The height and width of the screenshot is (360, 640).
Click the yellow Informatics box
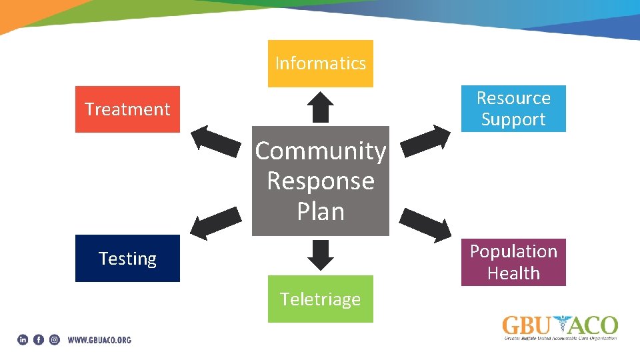point(320,63)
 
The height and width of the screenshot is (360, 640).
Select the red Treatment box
point(127,109)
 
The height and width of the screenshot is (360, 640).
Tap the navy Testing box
point(127,258)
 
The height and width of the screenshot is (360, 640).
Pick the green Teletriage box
point(320,299)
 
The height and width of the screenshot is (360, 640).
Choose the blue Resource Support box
point(513,109)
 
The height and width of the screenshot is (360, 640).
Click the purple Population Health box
point(513,262)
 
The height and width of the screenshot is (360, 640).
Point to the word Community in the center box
point(320,151)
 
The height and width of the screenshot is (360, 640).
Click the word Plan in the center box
point(320,211)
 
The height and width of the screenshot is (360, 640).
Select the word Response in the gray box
point(320,181)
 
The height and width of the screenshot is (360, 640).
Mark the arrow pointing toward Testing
point(215,222)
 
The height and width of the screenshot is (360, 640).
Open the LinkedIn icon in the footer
point(23,340)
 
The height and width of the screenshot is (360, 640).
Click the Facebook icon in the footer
point(39,340)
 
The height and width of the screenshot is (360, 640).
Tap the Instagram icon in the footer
point(55,340)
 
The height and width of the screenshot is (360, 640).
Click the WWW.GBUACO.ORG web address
point(99,340)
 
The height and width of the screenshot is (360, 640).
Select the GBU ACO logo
point(560,327)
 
